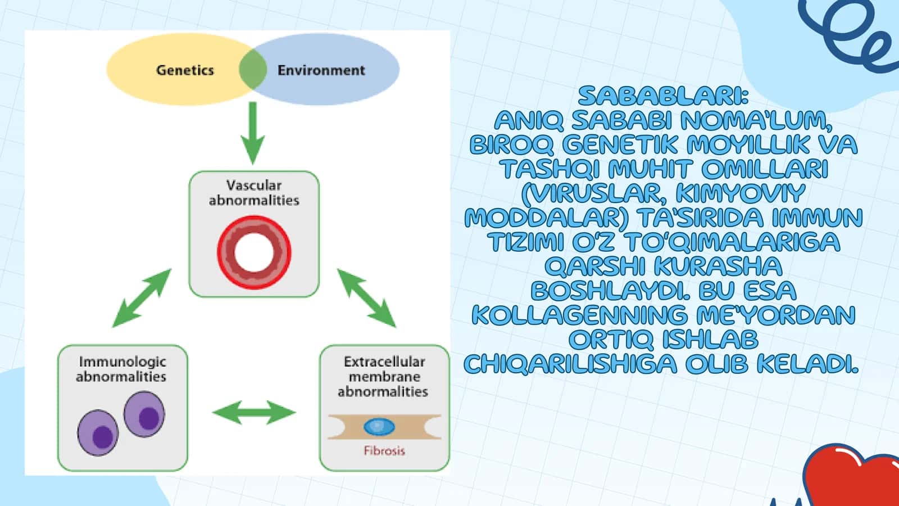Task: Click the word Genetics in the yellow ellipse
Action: click(185, 70)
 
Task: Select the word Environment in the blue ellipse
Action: click(321, 70)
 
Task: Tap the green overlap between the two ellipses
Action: click(253, 69)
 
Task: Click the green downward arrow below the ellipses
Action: click(252, 133)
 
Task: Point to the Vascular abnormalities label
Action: click(254, 193)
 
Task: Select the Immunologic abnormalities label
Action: click(121, 369)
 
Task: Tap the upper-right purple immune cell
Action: click(144, 414)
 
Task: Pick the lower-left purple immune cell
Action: click(98, 433)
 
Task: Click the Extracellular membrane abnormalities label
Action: click(383, 377)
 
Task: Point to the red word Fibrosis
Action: click(384, 450)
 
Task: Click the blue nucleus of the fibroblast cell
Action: click(379, 427)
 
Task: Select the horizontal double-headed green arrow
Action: click(254, 413)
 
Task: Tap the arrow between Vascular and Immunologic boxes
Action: click(142, 298)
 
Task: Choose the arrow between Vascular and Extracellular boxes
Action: click(366, 298)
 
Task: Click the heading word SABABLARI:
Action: click(664, 96)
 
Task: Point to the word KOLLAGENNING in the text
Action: click(579, 315)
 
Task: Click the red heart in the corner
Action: click(851, 476)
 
